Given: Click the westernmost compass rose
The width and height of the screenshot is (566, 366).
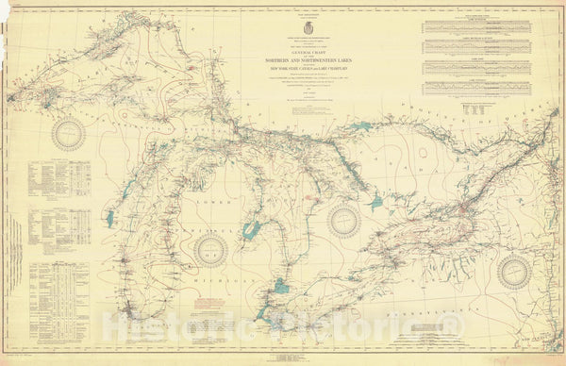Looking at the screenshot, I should coord(69,134).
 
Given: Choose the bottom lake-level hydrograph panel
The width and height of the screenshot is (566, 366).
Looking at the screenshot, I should coord(472,90).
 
